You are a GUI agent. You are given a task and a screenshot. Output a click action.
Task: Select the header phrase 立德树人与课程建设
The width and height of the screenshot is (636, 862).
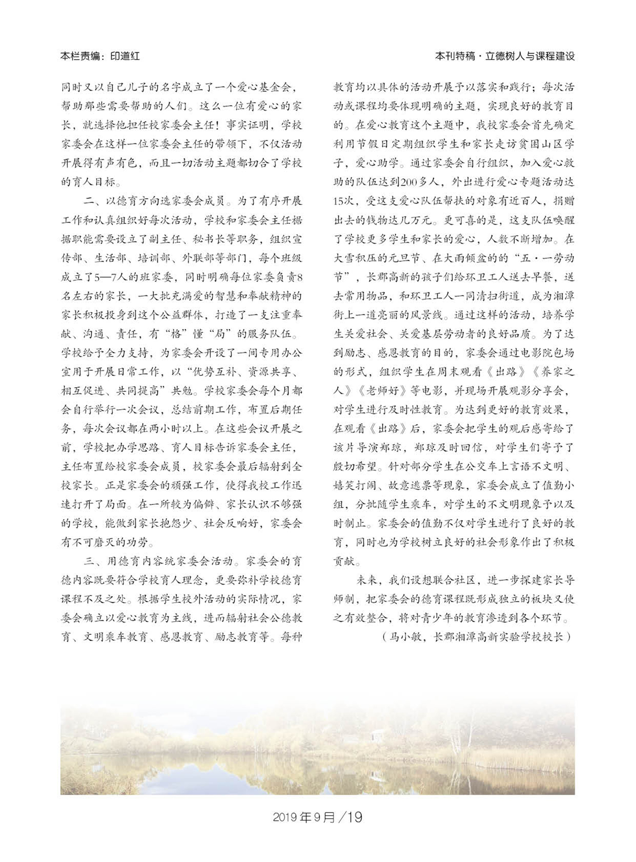click(530, 56)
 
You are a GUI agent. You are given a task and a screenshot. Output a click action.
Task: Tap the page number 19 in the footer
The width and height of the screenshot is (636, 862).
click(354, 817)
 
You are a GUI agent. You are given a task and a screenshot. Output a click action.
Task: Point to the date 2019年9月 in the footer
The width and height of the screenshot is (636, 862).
click(304, 817)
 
